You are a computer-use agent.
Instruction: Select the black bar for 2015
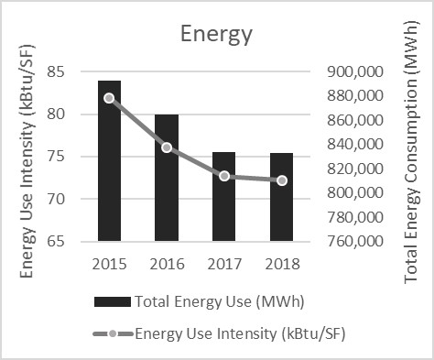[x=108, y=161]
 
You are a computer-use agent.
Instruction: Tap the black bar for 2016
[x=167, y=178]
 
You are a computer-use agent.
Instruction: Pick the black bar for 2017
[x=224, y=197]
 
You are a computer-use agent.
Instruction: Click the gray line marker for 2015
[x=109, y=98]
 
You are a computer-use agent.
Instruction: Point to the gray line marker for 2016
[x=167, y=147]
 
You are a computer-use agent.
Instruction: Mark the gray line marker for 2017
[x=224, y=175]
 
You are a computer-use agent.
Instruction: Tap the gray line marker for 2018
[x=282, y=180]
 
